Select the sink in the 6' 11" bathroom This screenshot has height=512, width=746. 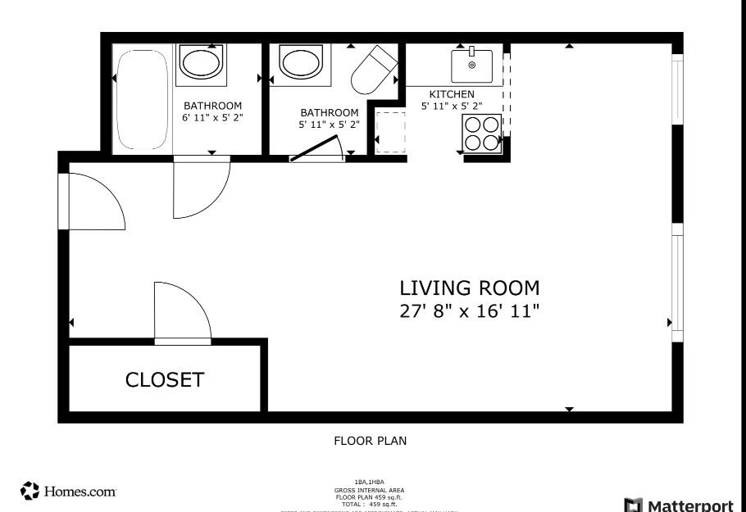201,62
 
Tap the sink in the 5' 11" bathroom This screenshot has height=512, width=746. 301,62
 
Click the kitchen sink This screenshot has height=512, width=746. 471,66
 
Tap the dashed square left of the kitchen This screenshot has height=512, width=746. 390,132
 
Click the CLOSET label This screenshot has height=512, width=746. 164,380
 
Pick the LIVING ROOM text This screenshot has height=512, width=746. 469,288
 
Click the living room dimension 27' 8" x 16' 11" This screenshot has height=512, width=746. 469,311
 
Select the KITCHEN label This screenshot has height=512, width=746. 452,95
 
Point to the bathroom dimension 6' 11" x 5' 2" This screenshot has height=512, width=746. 212,118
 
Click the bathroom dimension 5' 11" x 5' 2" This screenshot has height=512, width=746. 329,125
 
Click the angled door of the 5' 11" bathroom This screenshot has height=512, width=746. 316,149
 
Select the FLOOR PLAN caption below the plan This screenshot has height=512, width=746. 370,441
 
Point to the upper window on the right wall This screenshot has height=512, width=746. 677,90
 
